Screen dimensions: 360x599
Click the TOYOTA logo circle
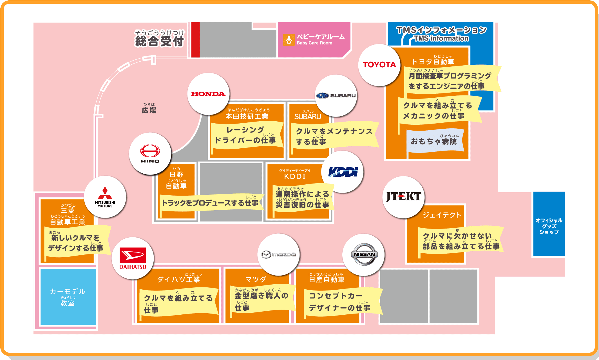[x=379, y=65]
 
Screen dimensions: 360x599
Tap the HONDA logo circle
[x=208, y=94]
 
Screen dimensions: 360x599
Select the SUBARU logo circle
[x=336, y=96]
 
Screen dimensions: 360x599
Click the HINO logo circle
[x=150, y=154]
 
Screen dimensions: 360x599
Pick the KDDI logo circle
[x=343, y=172]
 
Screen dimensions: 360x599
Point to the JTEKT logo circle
[x=403, y=197]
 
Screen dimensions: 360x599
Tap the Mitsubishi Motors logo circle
[x=105, y=197]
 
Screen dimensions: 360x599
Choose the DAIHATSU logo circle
[x=133, y=258]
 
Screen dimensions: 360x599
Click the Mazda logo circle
[x=278, y=254]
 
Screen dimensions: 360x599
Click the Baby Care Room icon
[x=289, y=40]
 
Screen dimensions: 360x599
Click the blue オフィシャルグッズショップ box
[x=549, y=224]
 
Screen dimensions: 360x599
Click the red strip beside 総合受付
[x=195, y=40]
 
